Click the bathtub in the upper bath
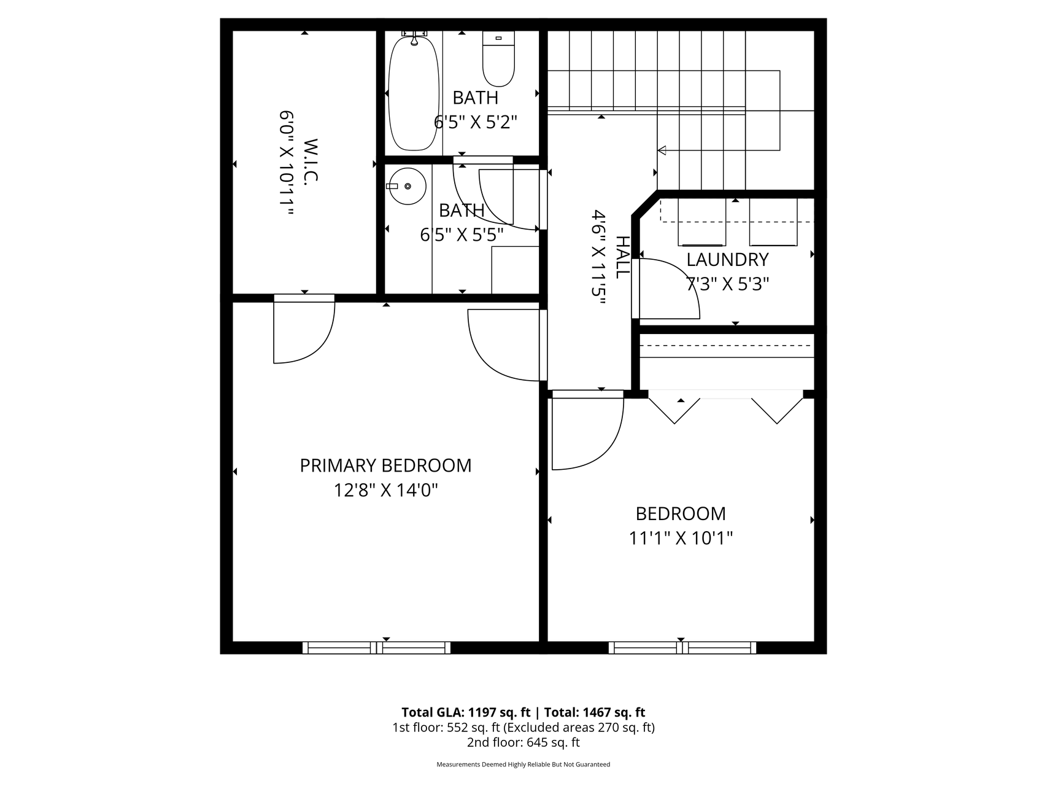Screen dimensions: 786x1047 (414, 93)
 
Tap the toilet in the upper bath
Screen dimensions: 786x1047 (498, 59)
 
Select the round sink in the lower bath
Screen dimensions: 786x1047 (408, 186)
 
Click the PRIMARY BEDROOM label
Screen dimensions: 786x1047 (385, 465)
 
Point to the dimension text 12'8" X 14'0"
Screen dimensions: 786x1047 (385, 491)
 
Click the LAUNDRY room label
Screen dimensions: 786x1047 (727, 260)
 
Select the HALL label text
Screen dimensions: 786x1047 (622, 257)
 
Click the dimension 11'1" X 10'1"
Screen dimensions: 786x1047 (681, 539)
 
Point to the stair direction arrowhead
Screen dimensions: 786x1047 (662, 150)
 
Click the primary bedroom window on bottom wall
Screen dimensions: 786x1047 (376, 647)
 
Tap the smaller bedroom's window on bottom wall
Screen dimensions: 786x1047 (682, 647)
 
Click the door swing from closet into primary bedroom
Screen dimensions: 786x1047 (304, 332)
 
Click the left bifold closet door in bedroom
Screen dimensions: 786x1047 (674, 410)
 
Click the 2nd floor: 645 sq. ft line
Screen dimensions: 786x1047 (523, 742)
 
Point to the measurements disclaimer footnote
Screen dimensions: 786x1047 (523, 765)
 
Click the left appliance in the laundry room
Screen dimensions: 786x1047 (701, 222)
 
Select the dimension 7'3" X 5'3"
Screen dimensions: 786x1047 (727, 284)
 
